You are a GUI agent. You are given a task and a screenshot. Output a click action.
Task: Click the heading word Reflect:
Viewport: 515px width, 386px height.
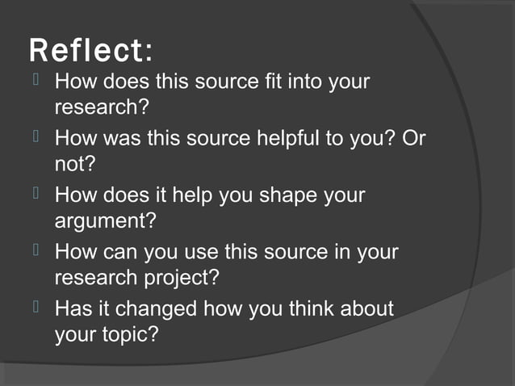coord(90,51)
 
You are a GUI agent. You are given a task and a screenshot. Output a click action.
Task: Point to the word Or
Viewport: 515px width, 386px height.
coord(414,138)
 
